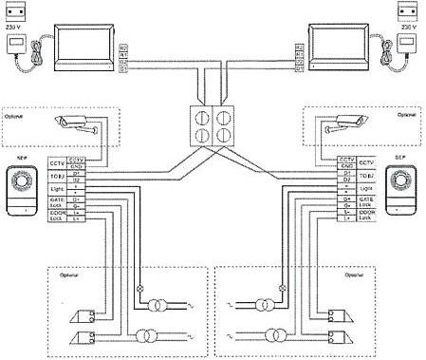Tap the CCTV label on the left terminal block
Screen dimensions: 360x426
[55, 162]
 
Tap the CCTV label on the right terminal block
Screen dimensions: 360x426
[371, 162]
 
